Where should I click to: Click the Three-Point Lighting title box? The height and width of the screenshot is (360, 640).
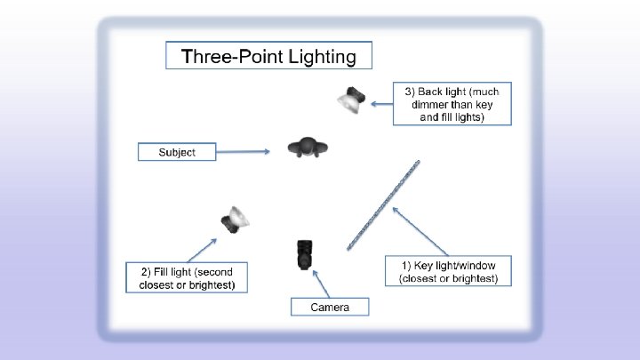coord(268,57)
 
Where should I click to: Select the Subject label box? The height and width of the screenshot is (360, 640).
coord(178,152)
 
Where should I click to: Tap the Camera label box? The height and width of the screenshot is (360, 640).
coord(329,308)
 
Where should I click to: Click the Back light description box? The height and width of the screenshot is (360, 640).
coord(452,104)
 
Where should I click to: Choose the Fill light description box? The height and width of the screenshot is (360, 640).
coord(193,277)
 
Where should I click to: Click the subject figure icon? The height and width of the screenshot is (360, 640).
coord(308,148)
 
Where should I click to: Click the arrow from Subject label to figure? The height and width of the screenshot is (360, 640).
coord(244,151)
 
